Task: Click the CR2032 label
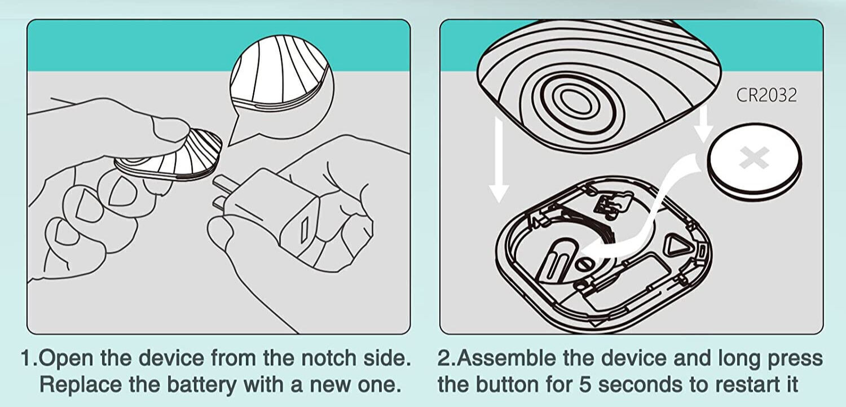coord(766,95)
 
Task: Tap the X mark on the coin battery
coord(754,157)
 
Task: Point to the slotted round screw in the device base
coord(584,264)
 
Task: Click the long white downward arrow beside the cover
coord(499,159)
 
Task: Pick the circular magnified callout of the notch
coord(282,87)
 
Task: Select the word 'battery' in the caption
coord(202,385)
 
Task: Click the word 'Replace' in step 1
coord(81,385)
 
